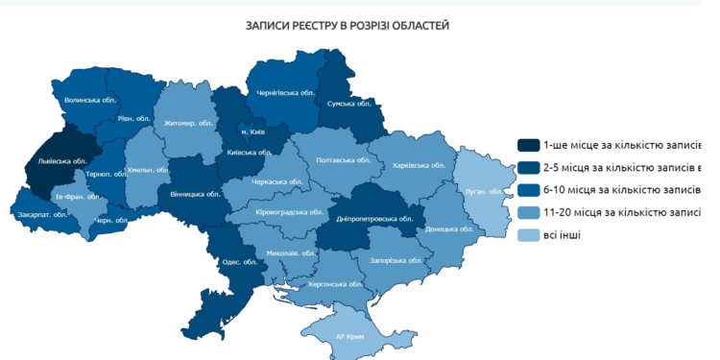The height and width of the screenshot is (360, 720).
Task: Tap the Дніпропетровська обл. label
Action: pos(374,219)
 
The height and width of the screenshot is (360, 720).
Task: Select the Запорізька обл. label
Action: pos(396,260)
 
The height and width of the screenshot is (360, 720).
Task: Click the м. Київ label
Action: pos(252,132)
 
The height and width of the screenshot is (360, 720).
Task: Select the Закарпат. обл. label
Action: pos(42,214)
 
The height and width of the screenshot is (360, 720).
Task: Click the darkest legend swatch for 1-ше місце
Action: pos(528,145)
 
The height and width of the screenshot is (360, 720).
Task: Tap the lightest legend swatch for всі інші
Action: pos(528,235)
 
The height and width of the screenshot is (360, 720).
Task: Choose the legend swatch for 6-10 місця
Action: pos(528,190)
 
